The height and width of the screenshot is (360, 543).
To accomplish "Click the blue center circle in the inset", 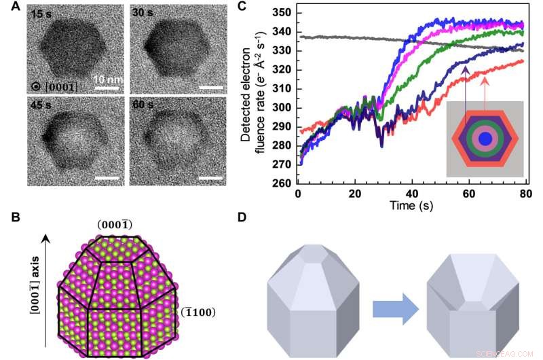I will pos(484,139).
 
